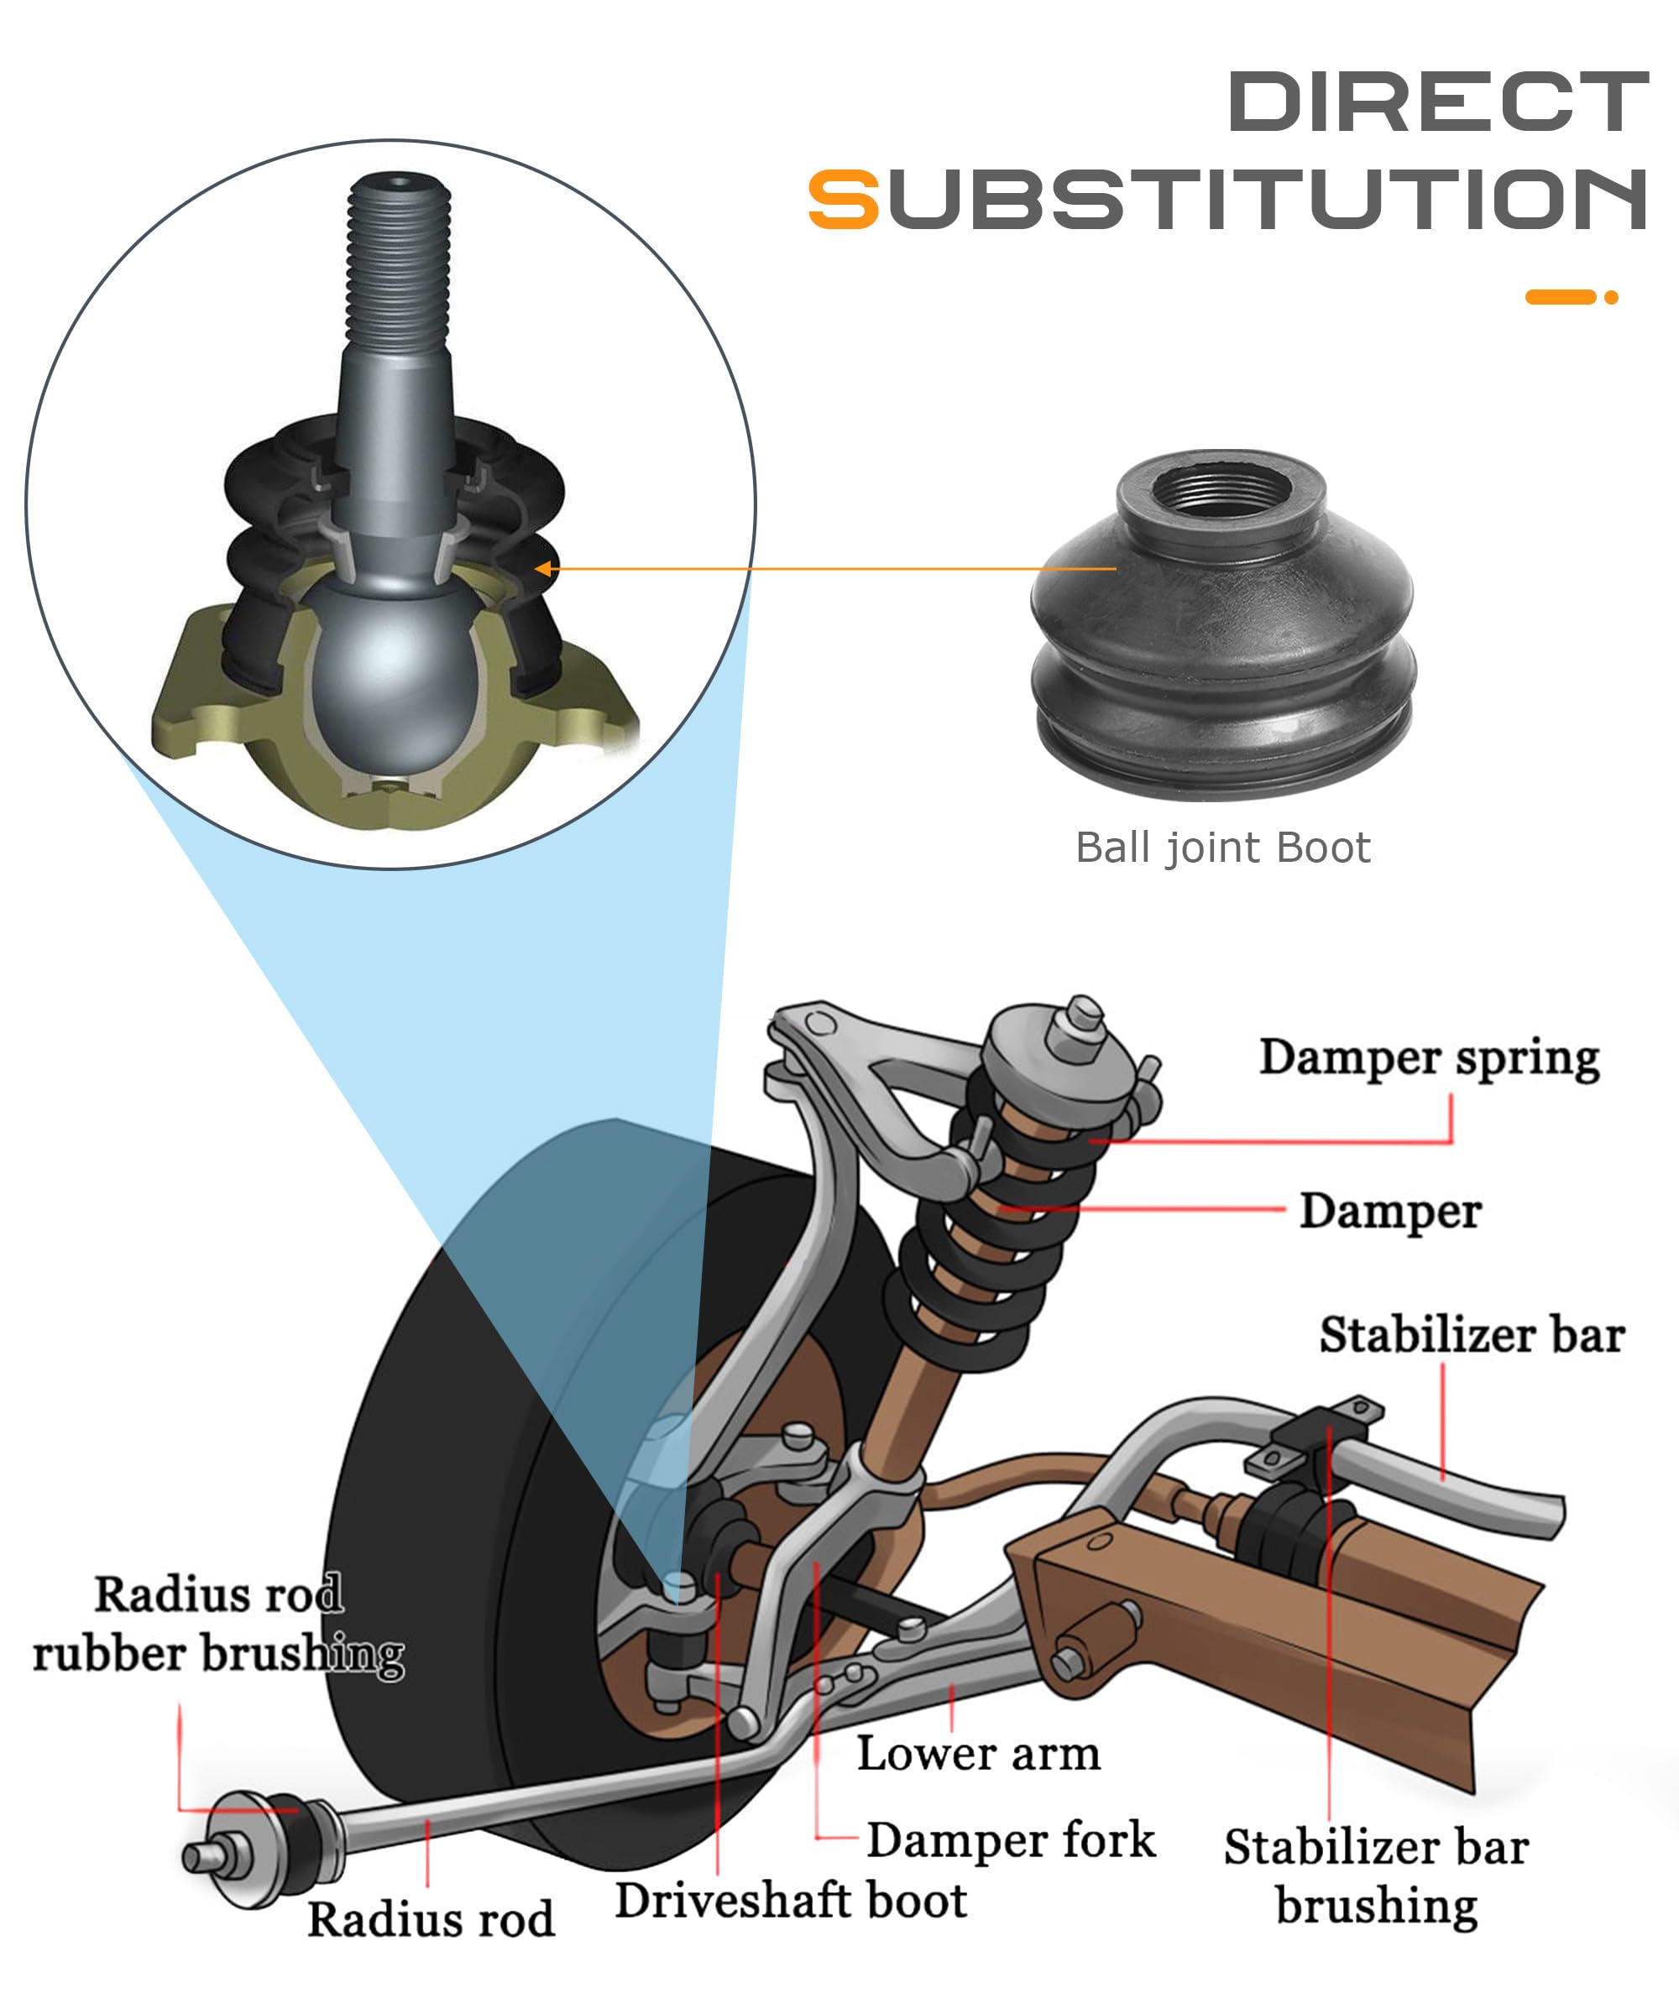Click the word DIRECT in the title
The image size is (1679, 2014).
(x=1436, y=102)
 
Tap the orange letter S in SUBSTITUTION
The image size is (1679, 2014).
(x=842, y=200)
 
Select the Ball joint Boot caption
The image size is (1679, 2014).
(x=1222, y=848)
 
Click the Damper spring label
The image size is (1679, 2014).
(x=1429, y=1058)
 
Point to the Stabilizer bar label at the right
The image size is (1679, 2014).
(x=1471, y=1335)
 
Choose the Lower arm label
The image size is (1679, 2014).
(x=978, y=1754)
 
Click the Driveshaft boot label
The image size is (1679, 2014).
(x=791, y=1901)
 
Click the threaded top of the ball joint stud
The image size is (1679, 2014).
(x=399, y=259)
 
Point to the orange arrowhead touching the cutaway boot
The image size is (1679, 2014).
(x=543, y=569)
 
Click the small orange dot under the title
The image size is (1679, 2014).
(x=1611, y=297)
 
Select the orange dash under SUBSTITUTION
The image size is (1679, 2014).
(x=1559, y=297)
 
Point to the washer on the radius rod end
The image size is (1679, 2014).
(x=240, y=1846)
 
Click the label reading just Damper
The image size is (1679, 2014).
(x=1389, y=1211)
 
